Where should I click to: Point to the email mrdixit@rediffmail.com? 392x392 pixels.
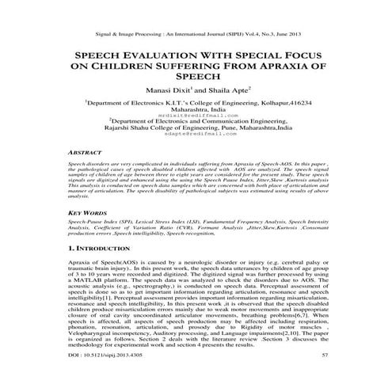click(x=196, y=114)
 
